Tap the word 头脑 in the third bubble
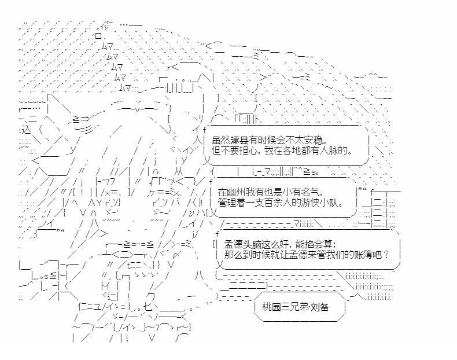click(248, 244)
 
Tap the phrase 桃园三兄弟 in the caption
click(282, 307)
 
